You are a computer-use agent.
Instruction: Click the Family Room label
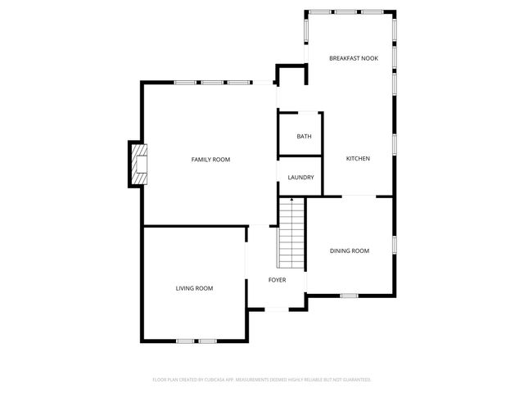pos(210,159)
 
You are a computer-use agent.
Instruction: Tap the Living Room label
pos(194,288)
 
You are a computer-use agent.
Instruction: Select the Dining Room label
pos(350,251)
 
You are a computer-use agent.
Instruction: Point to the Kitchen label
pos(358,158)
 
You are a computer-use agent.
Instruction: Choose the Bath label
pos(304,137)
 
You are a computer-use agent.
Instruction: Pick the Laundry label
pos(301,177)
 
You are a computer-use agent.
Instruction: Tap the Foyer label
pos(278,280)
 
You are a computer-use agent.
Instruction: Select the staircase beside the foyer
pos(291,237)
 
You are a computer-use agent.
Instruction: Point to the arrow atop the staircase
pos(291,199)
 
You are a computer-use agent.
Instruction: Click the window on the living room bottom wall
pos(196,341)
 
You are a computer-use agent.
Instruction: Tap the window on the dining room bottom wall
pos(350,296)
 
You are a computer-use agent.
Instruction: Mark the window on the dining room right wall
pos(394,244)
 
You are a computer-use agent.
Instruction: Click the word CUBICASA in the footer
pos(217,380)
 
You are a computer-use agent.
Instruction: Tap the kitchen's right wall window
pos(394,144)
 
